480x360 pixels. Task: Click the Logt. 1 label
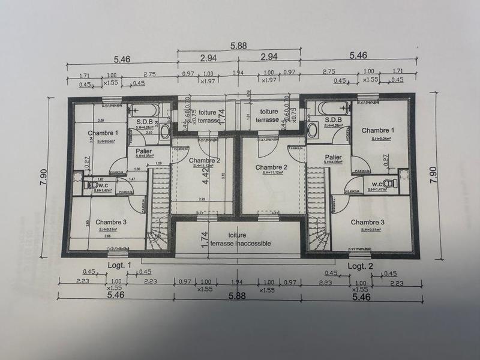coord(119,265)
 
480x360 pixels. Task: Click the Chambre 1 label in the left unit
coord(103,133)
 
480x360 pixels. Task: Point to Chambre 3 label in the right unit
coord(368,222)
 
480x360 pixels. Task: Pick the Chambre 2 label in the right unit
coord(271,167)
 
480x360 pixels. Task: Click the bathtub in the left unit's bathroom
coord(145,109)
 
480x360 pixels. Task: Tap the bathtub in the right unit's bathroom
coord(333,109)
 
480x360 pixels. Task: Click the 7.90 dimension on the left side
coord(43,178)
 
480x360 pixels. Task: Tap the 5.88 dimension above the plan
coord(239,44)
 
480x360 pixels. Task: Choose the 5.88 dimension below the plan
coord(239,295)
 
